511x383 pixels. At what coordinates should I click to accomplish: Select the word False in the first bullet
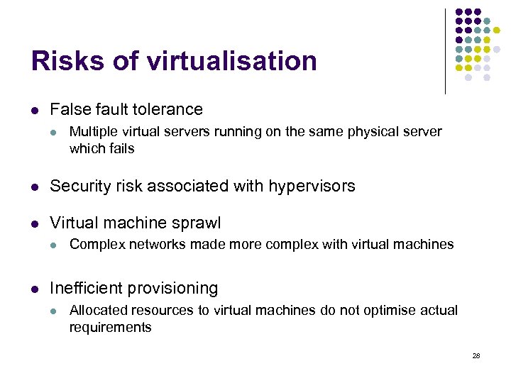coord(68,110)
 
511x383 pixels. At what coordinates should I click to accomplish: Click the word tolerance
coord(167,110)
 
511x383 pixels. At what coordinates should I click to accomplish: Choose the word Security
coord(79,187)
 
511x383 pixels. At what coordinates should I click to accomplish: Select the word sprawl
coord(197,223)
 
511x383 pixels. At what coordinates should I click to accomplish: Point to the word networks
coord(147,245)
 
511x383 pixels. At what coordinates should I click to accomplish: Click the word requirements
coord(110,328)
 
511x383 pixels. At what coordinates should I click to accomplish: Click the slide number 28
coord(476,355)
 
